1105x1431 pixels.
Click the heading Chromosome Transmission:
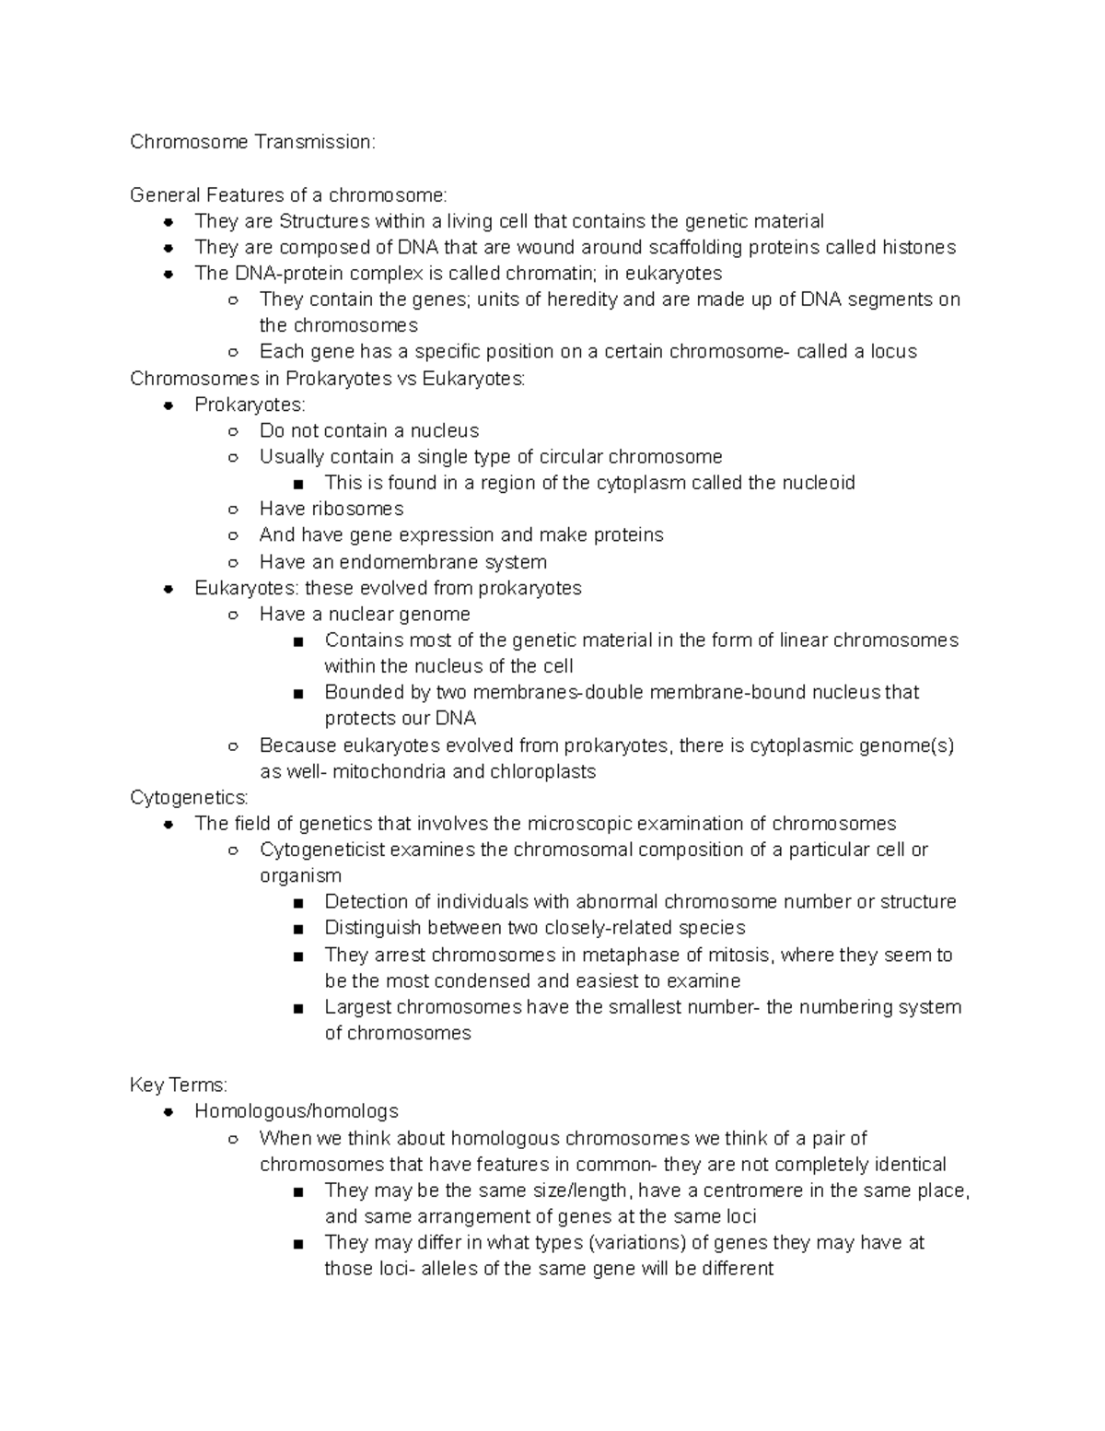[x=252, y=142]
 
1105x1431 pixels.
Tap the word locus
[x=893, y=351]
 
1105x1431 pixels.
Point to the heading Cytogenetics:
[x=189, y=797]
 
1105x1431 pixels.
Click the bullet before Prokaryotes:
[x=169, y=405]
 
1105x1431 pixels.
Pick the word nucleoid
[x=819, y=483]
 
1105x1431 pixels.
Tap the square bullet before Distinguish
[x=298, y=929]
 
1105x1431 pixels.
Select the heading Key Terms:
[x=179, y=1085]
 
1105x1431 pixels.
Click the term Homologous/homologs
[x=297, y=1111]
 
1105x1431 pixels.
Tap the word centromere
[x=753, y=1191]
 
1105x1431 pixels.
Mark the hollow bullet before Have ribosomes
[x=234, y=510]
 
